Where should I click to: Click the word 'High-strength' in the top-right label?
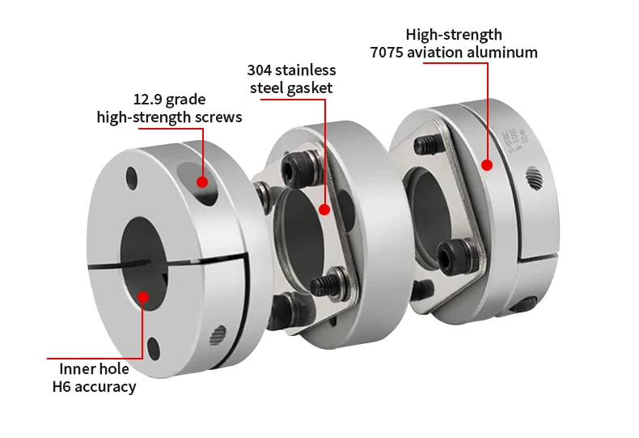click(453, 34)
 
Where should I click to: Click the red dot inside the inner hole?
click(143, 296)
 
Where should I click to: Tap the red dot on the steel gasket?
click(325, 209)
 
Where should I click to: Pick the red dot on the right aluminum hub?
click(487, 165)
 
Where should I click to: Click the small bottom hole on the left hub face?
click(154, 349)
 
